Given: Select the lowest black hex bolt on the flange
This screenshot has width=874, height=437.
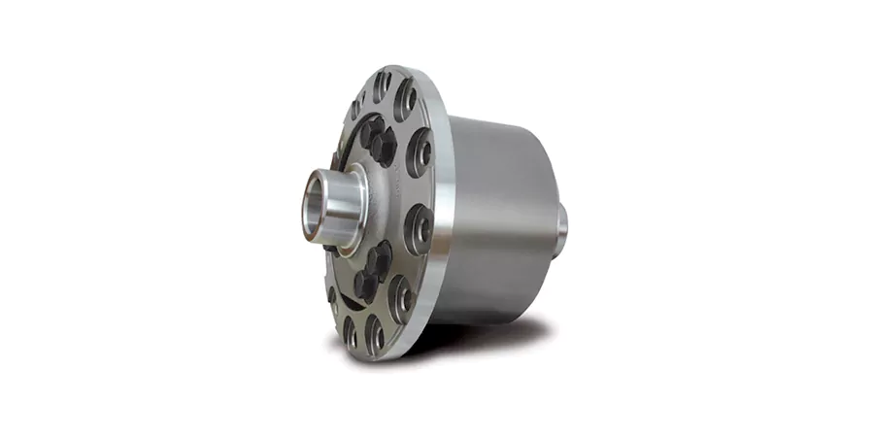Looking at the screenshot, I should (364, 283).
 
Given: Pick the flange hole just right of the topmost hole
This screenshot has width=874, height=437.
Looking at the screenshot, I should (405, 99).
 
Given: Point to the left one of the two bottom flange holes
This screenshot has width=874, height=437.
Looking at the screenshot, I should (350, 330).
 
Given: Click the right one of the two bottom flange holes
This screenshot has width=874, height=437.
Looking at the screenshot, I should (375, 333).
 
